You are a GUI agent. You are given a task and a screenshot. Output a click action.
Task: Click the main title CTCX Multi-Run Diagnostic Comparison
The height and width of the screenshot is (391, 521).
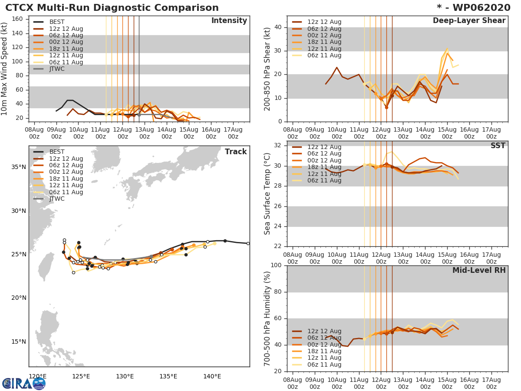click(112, 8)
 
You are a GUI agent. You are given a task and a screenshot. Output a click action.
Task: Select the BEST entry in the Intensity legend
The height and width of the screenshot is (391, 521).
click(56, 22)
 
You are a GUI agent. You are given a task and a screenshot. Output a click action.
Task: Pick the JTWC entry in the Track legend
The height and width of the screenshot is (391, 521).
click(56, 199)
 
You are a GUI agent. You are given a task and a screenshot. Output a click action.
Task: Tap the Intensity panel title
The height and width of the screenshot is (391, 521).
click(229, 21)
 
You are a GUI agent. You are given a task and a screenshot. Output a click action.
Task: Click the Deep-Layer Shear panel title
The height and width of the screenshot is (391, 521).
click(469, 21)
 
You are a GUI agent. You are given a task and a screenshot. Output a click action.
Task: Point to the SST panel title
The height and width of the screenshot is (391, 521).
click(498, 146)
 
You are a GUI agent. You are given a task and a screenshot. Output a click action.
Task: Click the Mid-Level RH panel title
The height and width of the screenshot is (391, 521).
click(478, 270)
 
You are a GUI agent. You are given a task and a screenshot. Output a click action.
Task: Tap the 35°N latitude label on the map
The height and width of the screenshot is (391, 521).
click(18, 167)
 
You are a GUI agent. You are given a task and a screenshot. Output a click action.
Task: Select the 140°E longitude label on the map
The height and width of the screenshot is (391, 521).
click(212, 376)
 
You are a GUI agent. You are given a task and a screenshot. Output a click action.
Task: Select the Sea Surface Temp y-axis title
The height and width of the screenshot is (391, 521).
click(267, 194)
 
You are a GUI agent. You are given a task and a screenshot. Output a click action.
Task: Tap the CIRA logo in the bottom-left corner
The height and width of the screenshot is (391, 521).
click(24, 383)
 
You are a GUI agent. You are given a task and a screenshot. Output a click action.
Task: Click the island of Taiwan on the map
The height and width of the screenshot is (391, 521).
click(44, 266)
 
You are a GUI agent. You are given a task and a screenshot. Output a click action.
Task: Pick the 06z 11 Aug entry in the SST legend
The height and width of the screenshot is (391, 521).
click(324, 181)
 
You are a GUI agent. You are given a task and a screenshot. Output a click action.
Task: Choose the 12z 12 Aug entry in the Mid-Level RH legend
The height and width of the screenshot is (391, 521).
click(324, 331)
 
